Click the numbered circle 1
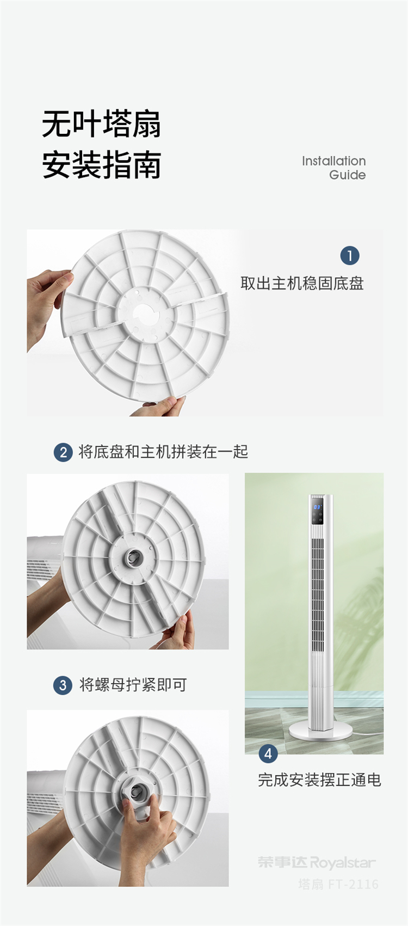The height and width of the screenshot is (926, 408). pyautogui.click(x=349, y=256)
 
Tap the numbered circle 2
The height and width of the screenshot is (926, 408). pyautogui.click(x=63, y=452)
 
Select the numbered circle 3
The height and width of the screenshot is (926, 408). pyautogui.click(x=63, y=685)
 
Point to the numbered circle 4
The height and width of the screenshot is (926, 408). pyautogui.click(x=268, y=753)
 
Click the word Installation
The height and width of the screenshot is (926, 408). pyautogui.click(x=333, y=161)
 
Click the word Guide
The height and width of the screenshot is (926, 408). pyautogui.click(x=347, y=175)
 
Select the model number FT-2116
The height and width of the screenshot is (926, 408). pyautogui.click(x=353, y=884)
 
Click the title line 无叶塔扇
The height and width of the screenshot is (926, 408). pyautogui.click(x=101, y=124)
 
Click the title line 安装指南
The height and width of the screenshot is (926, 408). pyautogui.click(x=101, y=164)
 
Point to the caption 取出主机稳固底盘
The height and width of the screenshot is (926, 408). pyautogui.click(x=302, y=284)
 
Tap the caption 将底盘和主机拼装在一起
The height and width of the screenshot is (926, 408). pyautogui.click(x=163, y=452)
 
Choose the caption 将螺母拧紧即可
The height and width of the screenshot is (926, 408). pyautogui.click(x=133, y=685)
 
